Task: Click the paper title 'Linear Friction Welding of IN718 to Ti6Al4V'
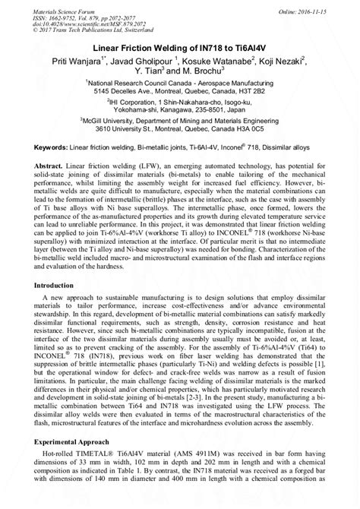181,46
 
